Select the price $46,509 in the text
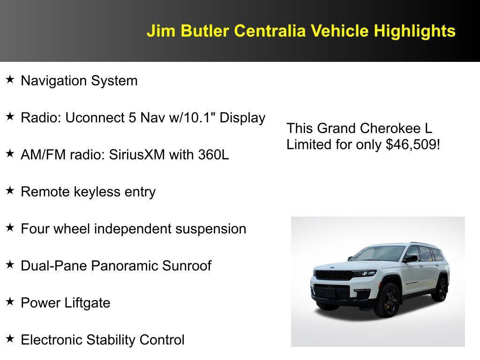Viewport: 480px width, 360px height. pos(412,144)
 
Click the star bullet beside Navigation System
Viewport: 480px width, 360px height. pos(10,80)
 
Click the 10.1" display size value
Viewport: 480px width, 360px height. pos(198,118)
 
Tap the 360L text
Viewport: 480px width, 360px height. pos(213,155)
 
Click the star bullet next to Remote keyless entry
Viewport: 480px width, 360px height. pos(10,191)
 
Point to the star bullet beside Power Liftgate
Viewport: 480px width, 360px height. pos(10,302)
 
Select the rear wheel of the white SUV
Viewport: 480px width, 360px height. pos(441,289)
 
